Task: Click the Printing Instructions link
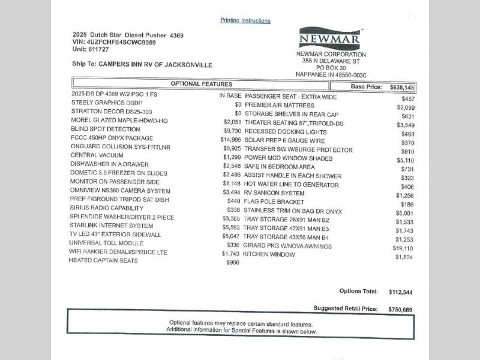[x=245, y=20]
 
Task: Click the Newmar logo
[x=330, y=39]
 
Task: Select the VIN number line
[x=113, y=42]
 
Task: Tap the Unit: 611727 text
[x=92, y=50]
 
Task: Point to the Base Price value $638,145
[x=402, y=87]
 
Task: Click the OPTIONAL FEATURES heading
[x=202, y=84]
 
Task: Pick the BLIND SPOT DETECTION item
[x=105, y=128]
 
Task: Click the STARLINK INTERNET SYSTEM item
[x=112, y=226]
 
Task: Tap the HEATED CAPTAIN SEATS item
[x=103, y=260]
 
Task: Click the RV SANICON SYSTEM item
[x=274, y=193]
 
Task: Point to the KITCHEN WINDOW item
[x=269, y=254]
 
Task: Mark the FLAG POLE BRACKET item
[x=274, y=202]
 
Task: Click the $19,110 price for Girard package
[x=403, y=248]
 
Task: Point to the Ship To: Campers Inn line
[x=142, y=65]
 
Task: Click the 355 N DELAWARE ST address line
[x=331, y=61]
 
